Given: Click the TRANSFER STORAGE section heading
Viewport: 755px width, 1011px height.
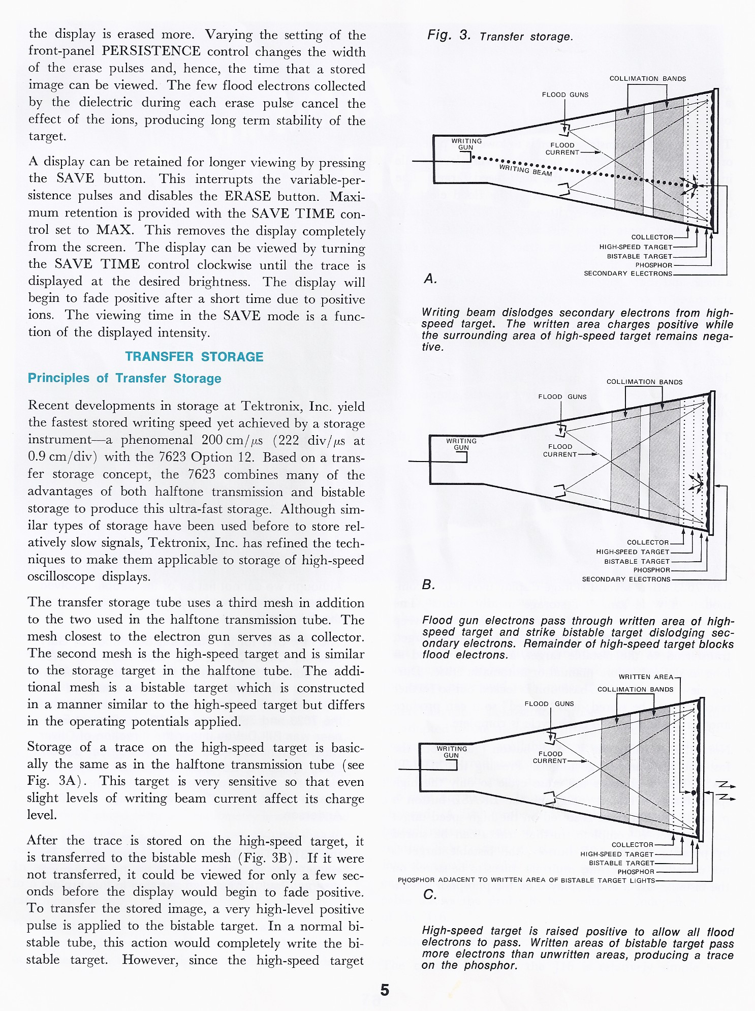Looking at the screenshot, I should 194,357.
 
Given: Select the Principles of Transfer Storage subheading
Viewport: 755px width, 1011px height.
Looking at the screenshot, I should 124,378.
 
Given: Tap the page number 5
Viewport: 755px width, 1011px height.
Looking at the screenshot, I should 385,990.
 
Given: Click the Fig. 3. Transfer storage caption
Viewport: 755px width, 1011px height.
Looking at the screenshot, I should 500,36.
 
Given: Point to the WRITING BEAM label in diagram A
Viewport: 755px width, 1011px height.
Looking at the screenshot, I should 525,170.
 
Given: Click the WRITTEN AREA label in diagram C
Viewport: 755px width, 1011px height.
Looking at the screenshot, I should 646,677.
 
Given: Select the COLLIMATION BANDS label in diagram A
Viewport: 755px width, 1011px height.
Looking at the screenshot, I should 647,79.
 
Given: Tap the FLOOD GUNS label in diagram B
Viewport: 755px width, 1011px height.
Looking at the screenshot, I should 562,396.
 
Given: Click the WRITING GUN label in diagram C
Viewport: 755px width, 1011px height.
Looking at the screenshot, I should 452,752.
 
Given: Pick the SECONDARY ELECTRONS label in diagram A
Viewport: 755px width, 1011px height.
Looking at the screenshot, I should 628,273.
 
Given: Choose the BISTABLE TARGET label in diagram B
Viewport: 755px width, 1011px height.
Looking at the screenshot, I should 637,561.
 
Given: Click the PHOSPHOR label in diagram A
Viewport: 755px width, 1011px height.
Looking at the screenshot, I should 653,265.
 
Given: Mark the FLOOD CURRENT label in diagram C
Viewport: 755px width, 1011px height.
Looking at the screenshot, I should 550,757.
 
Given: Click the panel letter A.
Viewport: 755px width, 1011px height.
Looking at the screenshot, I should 430,279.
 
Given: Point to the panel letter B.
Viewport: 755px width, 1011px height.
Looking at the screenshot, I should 428,585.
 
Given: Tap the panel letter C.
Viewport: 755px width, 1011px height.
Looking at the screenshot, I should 429,895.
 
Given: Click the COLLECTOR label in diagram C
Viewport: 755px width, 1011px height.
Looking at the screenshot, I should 632,844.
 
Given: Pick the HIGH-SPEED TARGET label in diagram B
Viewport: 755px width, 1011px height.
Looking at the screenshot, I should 633,552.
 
